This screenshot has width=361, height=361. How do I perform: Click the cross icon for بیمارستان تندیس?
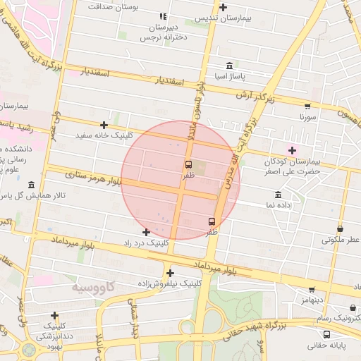click(x=224, y=8)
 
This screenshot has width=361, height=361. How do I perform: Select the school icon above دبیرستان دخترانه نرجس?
click(x=163, y=16)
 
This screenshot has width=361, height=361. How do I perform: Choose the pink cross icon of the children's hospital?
click(x=292, y=150)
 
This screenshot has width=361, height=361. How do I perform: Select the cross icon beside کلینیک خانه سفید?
click(x=104, y=125)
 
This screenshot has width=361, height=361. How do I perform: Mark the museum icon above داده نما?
click(x=278, y=195)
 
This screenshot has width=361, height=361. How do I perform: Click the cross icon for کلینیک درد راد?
click(x=146, y=232)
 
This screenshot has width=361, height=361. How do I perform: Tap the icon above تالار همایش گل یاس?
click(x=32, y=185)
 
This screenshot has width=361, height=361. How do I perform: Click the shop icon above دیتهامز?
click(x=312, y=289)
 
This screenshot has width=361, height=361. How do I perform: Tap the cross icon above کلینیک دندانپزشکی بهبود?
click(x=54, y=316)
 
